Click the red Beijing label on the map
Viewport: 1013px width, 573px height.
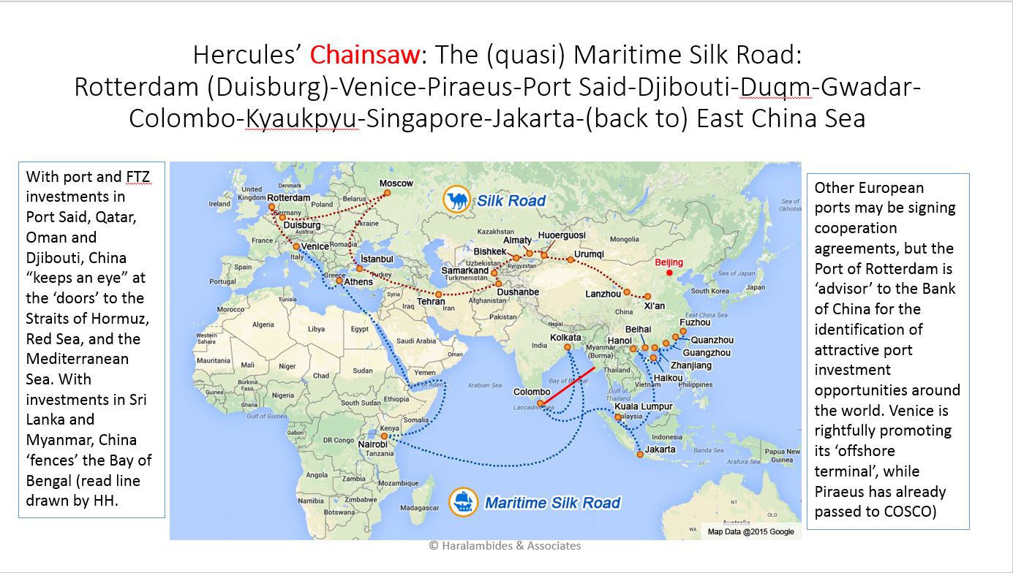pyautogui.click(x=669, y=262)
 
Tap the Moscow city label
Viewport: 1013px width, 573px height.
pyautogui.click(x=396, y=183)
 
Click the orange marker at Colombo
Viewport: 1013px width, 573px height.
pyautogui.click(x=540, y=403)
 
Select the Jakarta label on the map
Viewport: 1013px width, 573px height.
pyautogui.click(x=661, y=449)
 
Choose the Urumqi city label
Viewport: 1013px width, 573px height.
pyautogui.click(x=589, y=254)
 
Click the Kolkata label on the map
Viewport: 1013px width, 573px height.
pyautogui.click(x=566, y=338)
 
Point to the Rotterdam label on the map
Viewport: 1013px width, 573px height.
pyautogui.click(x=288, y=198)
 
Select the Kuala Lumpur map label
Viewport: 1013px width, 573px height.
pyautogui.click(x=643, y=406)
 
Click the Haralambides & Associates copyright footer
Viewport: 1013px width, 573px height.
pyautogui.click(x=505, y=545)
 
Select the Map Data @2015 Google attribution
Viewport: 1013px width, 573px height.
pyautogui.click(x=750, y=531)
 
